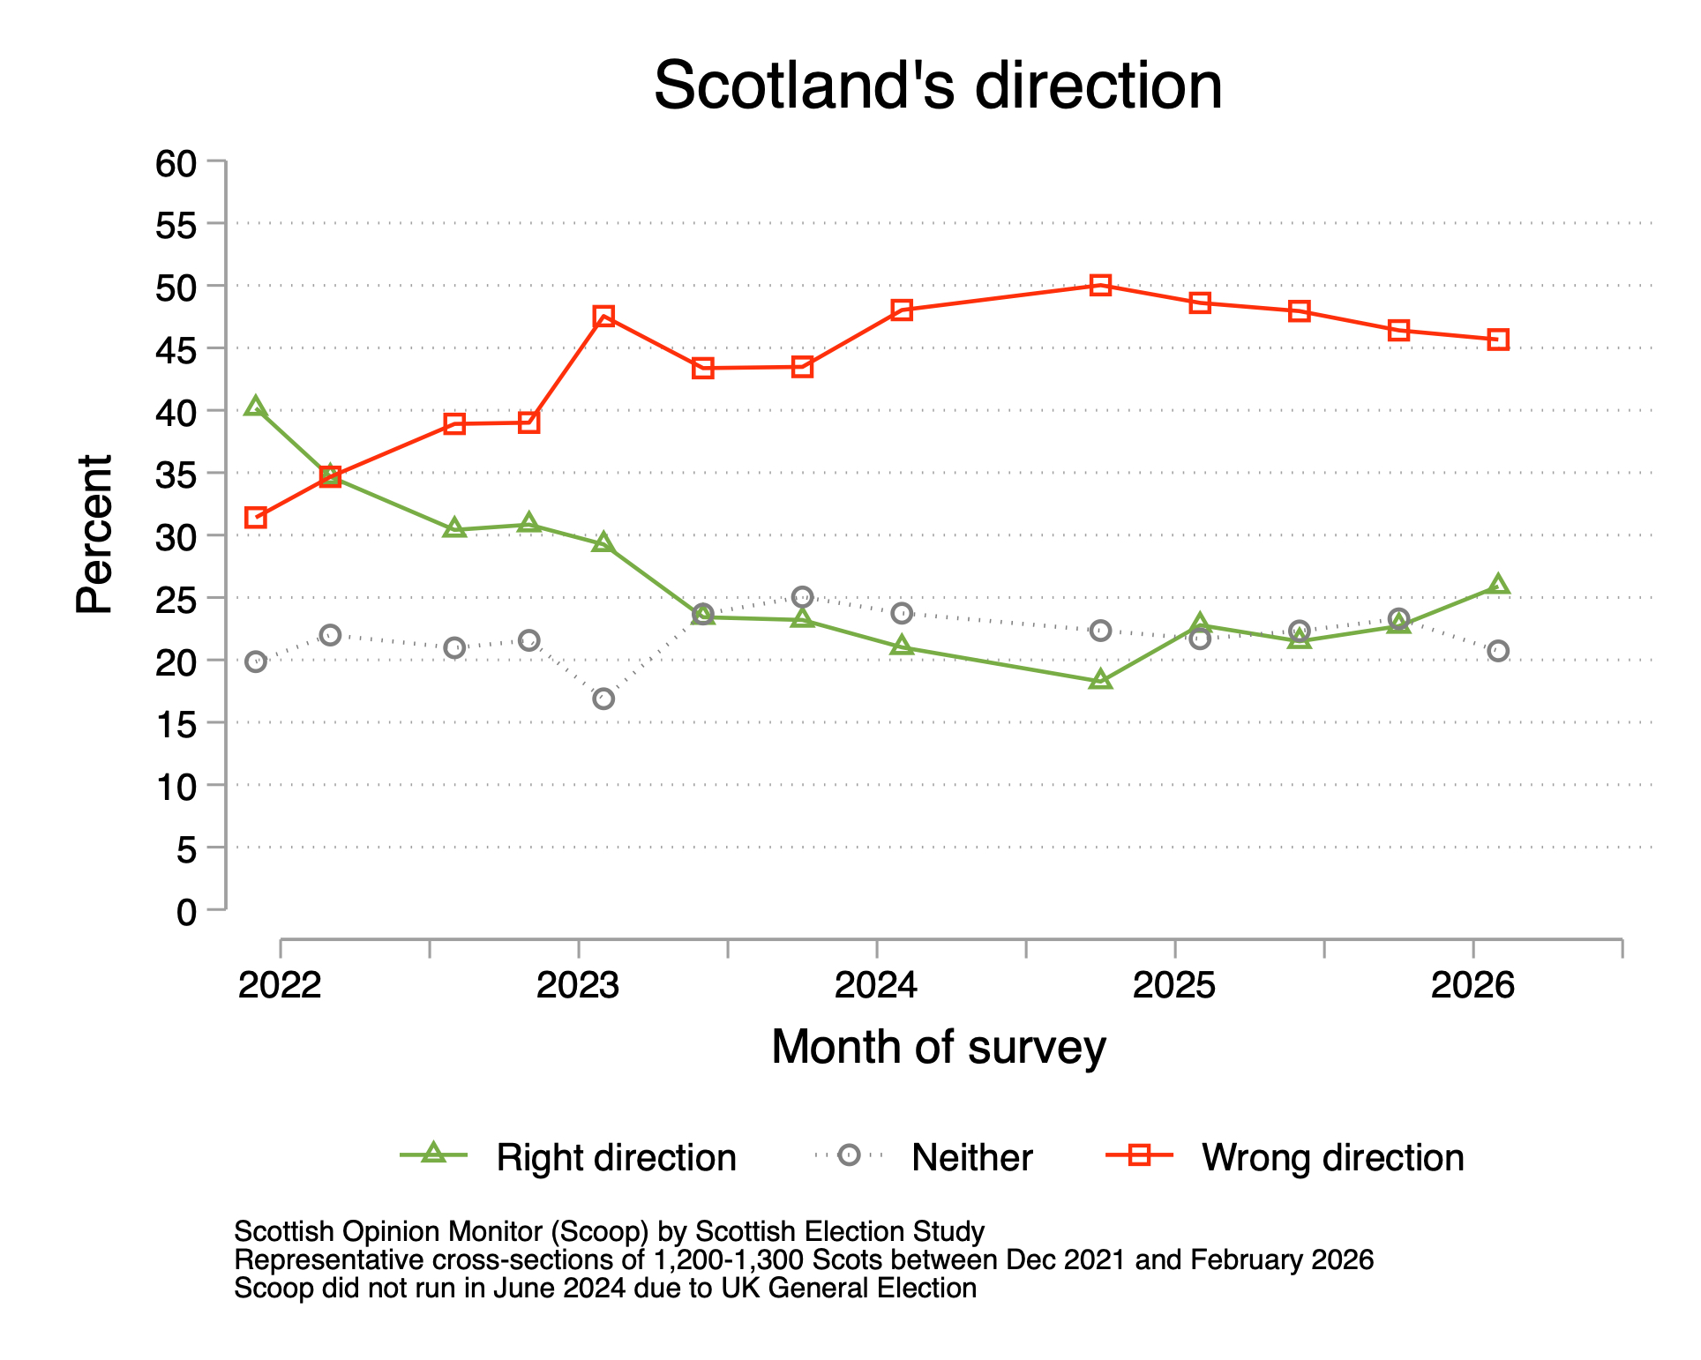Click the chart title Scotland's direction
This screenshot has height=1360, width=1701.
click(937, 86)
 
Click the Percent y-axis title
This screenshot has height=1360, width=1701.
click(94, 534)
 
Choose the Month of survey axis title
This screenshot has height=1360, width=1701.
click(938, 1048)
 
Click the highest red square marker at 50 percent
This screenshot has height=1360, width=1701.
click(1100, 285)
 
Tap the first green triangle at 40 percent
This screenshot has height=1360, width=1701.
click(256, 407)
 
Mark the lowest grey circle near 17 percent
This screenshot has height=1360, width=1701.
click(603, 699)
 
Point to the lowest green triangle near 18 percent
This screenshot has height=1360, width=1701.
click(1100, 680)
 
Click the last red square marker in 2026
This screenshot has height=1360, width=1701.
click(1498, 340)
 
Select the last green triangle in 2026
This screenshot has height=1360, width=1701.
click(1498, 585)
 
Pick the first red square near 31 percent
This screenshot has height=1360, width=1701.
click(256, 518)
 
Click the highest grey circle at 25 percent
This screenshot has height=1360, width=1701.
click(802, 596)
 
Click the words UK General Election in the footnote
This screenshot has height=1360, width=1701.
click(849, 1289)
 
